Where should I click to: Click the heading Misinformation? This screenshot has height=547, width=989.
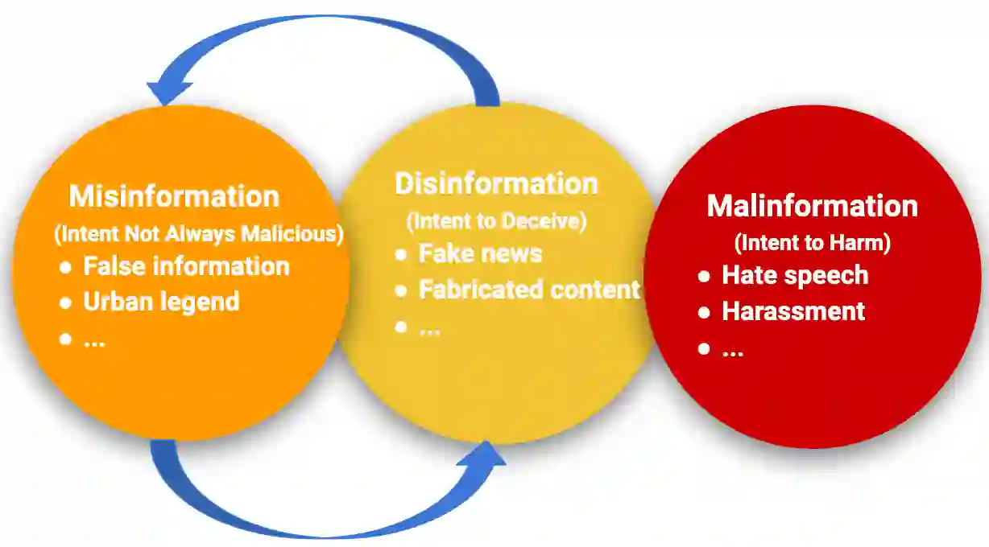[174, 196]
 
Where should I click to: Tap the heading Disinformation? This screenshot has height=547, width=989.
[496, 183]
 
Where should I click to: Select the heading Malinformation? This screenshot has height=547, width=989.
[812, 206]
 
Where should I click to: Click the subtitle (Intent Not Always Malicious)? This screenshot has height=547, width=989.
[198, 234]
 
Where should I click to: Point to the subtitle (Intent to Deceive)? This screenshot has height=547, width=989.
[496, 220]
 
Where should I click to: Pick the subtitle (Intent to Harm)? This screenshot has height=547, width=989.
[812, 242]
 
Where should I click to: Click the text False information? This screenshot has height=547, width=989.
[186, 266]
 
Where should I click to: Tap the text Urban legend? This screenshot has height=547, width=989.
[161, 302]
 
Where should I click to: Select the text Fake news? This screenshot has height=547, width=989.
[480, 254]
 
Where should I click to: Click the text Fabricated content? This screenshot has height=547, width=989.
[529, 290]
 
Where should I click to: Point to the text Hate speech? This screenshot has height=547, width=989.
[795, 275]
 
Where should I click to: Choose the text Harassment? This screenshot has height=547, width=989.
[793, 311]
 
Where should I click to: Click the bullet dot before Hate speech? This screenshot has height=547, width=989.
[704, 276]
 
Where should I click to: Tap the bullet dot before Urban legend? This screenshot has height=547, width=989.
[66, 303]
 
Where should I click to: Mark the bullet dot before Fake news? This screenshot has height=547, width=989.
[401, 255]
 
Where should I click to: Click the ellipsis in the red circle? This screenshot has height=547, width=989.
[732, 350]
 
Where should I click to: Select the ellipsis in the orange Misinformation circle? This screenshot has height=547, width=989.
[94, 340]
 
